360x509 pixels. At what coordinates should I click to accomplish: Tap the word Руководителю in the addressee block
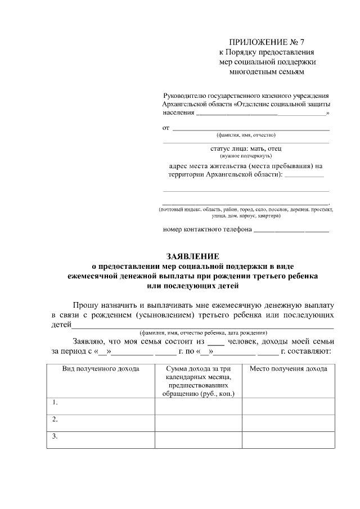(183, 96)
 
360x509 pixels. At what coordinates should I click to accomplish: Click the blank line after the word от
(250, 129)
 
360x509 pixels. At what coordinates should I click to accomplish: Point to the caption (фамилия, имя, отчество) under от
(246, 135)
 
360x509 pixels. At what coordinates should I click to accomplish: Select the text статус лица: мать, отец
(246, 148)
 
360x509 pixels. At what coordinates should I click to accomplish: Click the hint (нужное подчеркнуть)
(246, 155)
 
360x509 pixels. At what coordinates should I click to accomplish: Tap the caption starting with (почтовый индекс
(246, 209)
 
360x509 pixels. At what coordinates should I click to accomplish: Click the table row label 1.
(55, 403)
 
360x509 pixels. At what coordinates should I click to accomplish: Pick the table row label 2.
(55, 420)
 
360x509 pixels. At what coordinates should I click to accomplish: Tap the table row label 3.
(55, 436)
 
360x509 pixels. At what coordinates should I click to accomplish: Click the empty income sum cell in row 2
(198, 422)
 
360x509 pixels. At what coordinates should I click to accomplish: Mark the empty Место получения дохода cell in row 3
(288, 439)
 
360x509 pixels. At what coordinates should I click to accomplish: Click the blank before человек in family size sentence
(216, 343)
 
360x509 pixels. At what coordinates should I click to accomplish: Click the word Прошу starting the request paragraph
(86, 303)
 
